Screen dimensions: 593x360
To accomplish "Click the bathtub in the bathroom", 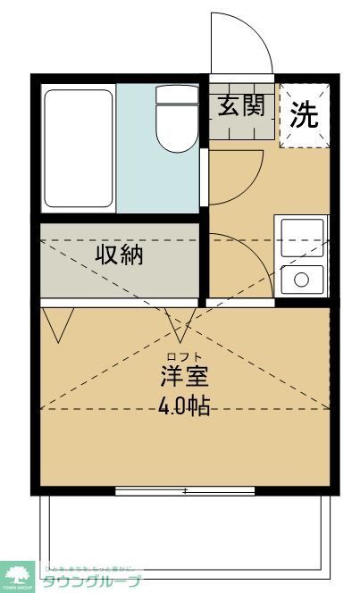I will pyautogui.click(x=78, y=147).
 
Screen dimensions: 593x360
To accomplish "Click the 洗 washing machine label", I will pyautogui.click(x=306, y=115).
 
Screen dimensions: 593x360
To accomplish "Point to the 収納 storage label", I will pyautogui.click(x=120, y=255).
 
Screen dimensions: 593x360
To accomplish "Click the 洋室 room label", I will pyautogui.click(x=185, y=375).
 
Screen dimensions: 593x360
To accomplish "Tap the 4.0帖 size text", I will pyautogui.click(x=185, y=406).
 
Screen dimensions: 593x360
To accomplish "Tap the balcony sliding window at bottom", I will pyautogui.click(x=185, y=490).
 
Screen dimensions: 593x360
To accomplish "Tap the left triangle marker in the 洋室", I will pyautogui.click(x=62, y=325).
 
